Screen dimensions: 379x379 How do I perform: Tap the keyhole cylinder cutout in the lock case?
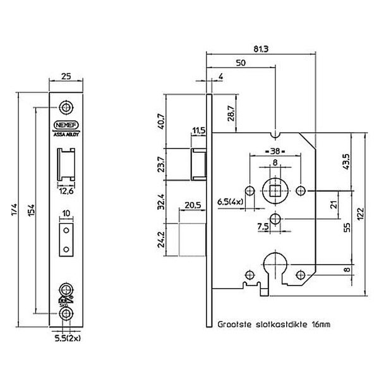(275, 267)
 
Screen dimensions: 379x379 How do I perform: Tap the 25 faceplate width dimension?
(66, 76)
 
